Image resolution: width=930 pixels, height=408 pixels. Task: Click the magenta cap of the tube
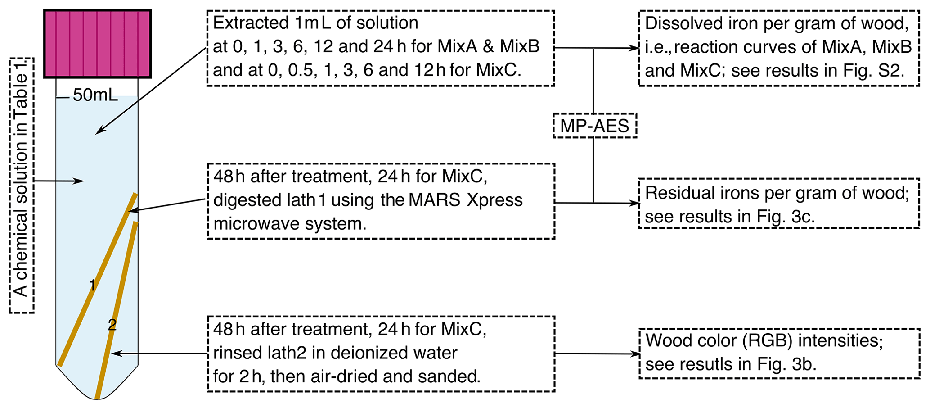[x=97, y=44]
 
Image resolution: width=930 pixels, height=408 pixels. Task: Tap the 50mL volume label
[x=95, y=95]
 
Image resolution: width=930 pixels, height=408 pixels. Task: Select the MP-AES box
[x=594, y=126]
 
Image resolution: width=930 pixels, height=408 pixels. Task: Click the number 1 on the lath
[x=92, y=285]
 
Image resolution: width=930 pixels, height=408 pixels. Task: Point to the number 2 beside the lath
[x=112, y=325]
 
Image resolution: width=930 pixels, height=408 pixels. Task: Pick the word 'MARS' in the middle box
[x=435, y=200]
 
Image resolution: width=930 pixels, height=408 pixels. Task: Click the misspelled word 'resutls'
[x=705, y=364]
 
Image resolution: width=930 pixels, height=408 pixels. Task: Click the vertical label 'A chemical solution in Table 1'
[x=21, y=185]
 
